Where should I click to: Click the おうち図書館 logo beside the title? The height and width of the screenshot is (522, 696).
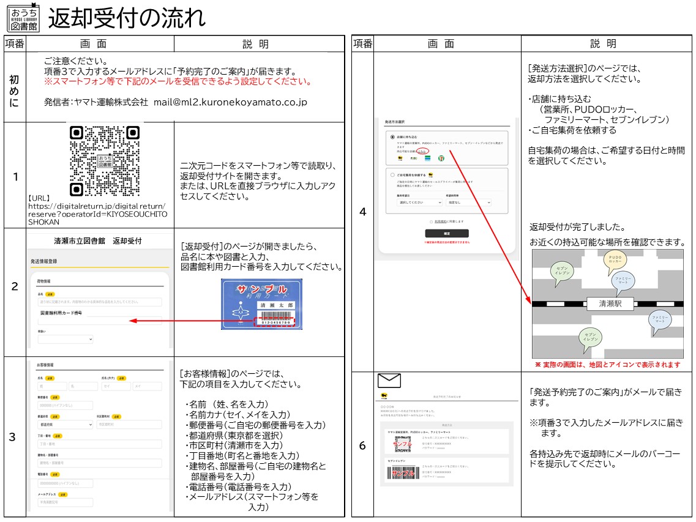pyautogui.click(x=23, y=18)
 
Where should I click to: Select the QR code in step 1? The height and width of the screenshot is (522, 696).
pyautogui.click(x=105, y=160)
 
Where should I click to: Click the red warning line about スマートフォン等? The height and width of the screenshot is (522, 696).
pyautogui.click(x=178, y=81)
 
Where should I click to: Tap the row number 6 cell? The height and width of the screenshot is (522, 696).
pyautogui.click(x=362, y=446)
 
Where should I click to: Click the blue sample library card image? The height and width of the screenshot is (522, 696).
pyautogui.click(x=261, y=305)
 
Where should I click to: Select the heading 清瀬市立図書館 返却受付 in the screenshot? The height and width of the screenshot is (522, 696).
pyautogui.click(x=98, y=240)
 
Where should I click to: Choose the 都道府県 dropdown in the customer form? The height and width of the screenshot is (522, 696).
pyautogui.click(x=65, y=423)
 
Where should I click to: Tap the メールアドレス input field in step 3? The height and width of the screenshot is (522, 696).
pyautogui.click(x=65, y=502)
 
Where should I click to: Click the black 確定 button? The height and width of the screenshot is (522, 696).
pyautogui.click(x=446, y=233)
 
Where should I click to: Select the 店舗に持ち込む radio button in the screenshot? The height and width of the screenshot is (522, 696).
pyautogui.click(x=392, y=137)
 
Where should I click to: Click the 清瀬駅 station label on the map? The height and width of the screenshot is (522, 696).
pyautogui.click(x=610, y=303)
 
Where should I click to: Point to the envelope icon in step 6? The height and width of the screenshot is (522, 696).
pyautogui.click(x=389, y=381)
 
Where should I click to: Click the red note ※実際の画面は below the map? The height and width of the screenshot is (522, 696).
pyautogui.click(x=607, y=365)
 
